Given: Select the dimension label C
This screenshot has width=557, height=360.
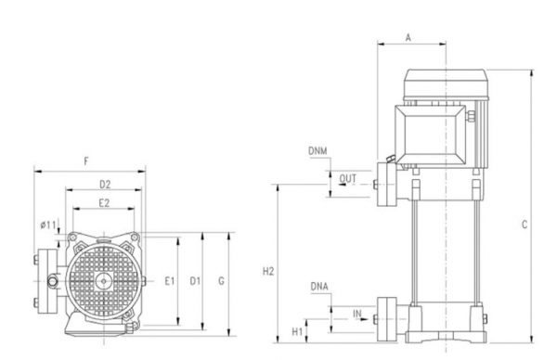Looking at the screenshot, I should pyautogui.click(x=525, y=225).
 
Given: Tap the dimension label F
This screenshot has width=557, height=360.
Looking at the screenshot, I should pyautogui.click(x=86, y=161).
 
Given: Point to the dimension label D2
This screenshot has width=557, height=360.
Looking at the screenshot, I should pyautogui.click(x=105, y=184).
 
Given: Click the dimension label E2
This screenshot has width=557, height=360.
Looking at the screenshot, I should pyautogui.click(x=104, y=202).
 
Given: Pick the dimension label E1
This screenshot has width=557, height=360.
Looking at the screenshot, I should pyautogui.click(x=169, y=280).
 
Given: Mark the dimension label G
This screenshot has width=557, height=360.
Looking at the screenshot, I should pyautogui.click(x=220, y=280).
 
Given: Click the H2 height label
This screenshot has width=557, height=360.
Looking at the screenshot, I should pyautogui.click(x=268, y=272).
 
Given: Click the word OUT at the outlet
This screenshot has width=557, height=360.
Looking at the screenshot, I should pyautogui.click(x=348, y=178).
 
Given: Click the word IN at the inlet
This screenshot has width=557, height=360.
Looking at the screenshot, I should pyautogui.click(x=356, y=315).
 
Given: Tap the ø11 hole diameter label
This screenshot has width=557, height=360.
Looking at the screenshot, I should pyautogui.click(x=49, y=224).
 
